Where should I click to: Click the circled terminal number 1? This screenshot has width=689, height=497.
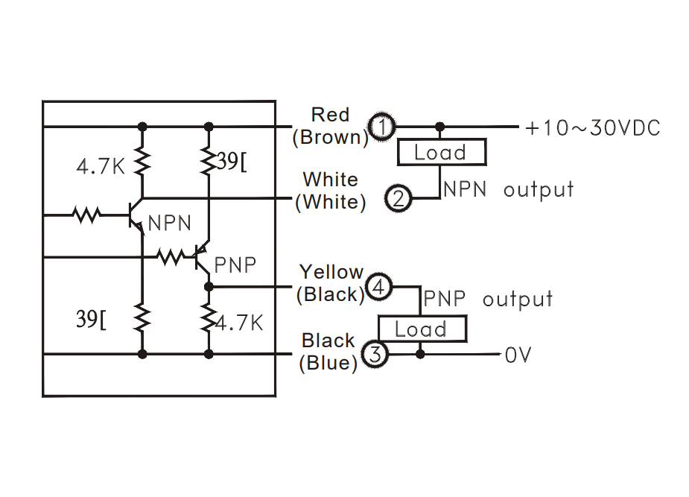[383, 127]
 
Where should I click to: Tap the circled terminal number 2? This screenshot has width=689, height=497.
[399, 199]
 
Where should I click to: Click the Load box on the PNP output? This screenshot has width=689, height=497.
[422, 329]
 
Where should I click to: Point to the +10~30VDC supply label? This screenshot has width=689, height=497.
[592, 128]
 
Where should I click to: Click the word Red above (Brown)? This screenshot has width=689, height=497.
[330, 115]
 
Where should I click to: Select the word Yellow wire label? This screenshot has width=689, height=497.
[331, 272]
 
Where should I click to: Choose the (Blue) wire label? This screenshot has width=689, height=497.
[328, 364]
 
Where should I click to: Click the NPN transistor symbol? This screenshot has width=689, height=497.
[136, 215]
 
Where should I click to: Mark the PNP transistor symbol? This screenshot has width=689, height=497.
[200, 259]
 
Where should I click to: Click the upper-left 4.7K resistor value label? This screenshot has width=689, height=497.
[101, 165]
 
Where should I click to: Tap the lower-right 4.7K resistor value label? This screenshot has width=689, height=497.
[239, 323]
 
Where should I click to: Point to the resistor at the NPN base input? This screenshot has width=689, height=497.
[86, 215]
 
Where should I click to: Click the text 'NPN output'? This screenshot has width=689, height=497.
[509, 189]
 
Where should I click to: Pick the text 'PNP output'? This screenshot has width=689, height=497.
[488, 300]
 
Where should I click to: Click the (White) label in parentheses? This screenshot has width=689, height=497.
[331, 202]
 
